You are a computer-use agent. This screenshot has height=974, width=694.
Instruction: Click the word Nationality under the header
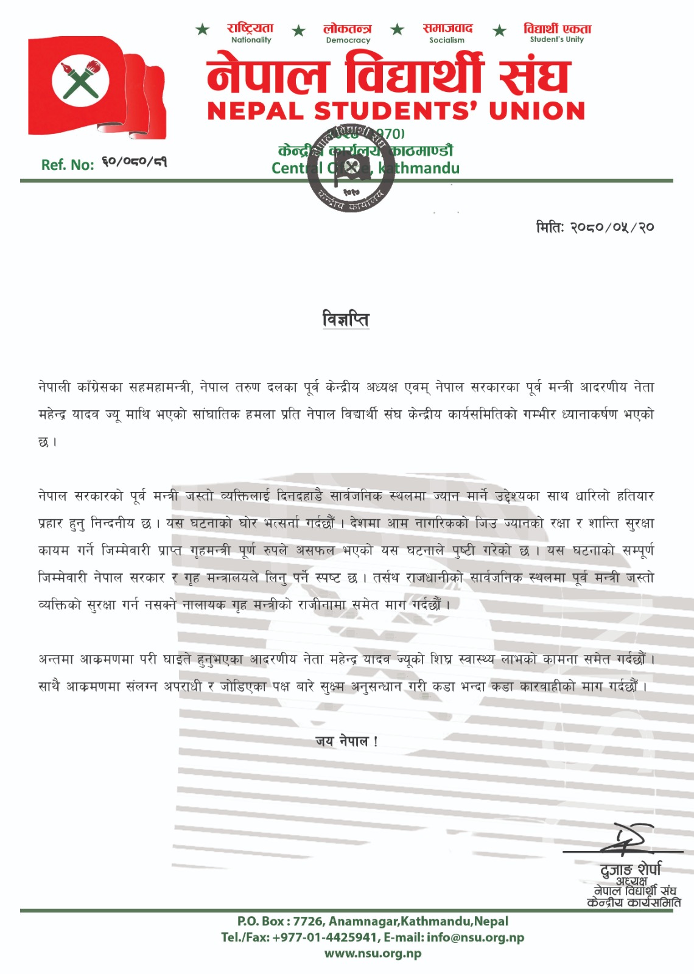[x=251, y=40]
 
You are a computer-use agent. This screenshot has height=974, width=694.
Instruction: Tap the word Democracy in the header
[x=348, y=41]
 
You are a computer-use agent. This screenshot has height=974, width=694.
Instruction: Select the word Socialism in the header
[x=446, y=41]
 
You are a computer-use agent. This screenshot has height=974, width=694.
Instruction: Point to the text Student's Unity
[x=556, y=40]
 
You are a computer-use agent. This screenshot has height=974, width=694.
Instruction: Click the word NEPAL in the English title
[x=256, y=111]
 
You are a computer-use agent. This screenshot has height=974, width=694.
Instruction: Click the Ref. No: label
[x=68, y=164]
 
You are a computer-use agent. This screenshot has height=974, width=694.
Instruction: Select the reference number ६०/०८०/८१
[x=134, y=162]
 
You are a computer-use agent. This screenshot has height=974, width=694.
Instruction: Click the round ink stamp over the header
[x=351, y=168]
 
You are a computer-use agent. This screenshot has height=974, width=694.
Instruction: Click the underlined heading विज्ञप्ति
[x=346, y=319]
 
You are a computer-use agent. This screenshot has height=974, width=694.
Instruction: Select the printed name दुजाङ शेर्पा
[x=630, y=869]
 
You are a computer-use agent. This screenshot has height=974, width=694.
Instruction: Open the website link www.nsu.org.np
[x=373, y=953]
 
